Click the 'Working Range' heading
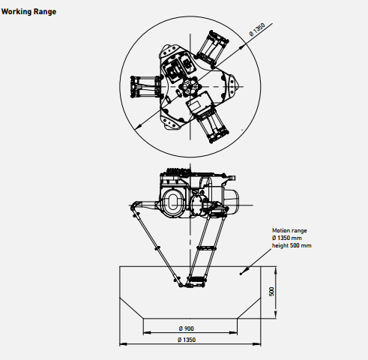28,12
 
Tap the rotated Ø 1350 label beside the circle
257,30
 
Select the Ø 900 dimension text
187,328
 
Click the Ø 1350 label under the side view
187,340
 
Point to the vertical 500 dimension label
271,292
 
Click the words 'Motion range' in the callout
289,230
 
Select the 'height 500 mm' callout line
292,245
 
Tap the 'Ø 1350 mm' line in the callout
287,238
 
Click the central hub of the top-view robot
190,87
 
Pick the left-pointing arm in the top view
145,86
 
